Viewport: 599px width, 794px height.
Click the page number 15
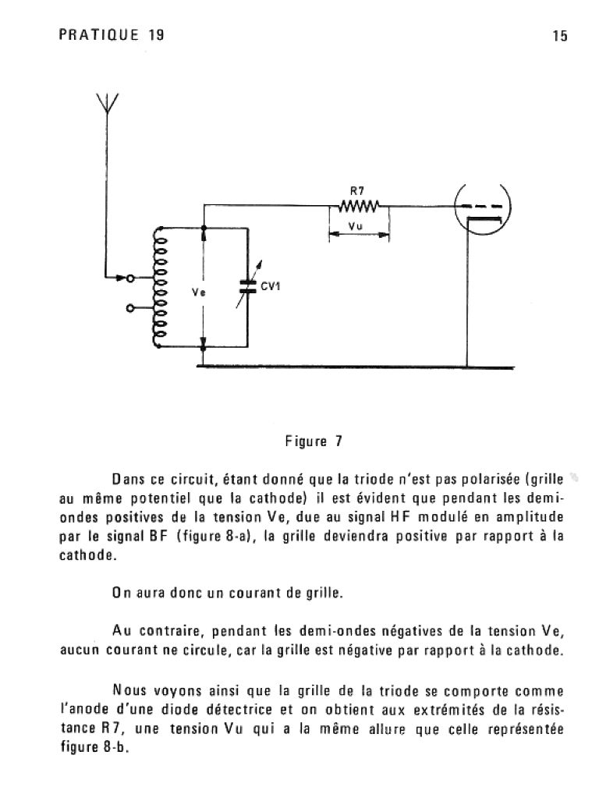point(560,36)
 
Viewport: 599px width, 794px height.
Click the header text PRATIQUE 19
point(112,35)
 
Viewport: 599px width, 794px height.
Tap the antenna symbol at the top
point(107,103)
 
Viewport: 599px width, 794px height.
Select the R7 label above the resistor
point(357,191)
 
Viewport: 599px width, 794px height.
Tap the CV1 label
point(271,286)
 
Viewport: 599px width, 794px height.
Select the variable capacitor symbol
point(249,285)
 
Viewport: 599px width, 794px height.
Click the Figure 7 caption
point(314,441)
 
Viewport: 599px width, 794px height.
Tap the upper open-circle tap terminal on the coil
point(130,278)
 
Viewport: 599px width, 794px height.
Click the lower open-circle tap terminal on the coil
point(130,308)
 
